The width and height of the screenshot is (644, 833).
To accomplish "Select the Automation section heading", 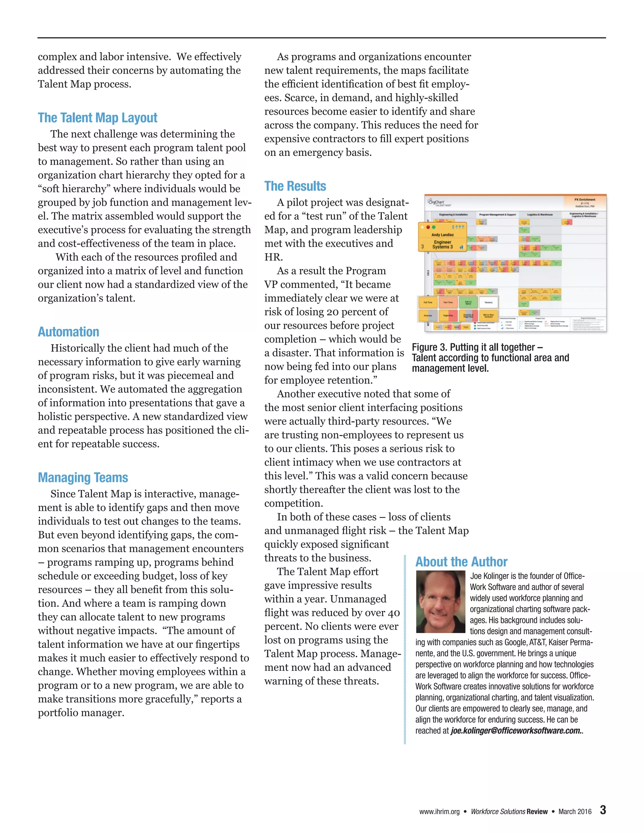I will click(68, 332).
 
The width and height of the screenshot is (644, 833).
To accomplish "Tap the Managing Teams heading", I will click(83, 477).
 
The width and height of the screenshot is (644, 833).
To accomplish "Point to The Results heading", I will click(295, 186).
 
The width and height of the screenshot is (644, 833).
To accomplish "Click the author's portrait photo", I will click(440, 602).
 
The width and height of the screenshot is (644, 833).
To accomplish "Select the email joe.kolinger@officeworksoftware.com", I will click(515, 731).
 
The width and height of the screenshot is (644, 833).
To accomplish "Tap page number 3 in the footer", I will click(603, 810).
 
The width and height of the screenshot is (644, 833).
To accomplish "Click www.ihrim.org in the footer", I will click(439, 812).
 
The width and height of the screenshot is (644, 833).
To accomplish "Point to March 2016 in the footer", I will click(575, 812).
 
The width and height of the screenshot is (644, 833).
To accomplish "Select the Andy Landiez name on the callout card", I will click(442, 235).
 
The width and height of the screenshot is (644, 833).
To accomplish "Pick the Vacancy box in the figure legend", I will click(488, 302).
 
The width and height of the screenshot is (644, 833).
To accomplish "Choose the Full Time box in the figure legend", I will click(428, 302).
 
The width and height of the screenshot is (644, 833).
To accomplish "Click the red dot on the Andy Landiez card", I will click(428, 227).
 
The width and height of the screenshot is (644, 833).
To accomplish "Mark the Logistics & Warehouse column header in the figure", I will click(540, 215).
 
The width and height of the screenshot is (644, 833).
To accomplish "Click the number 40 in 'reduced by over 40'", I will click(394, 613).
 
